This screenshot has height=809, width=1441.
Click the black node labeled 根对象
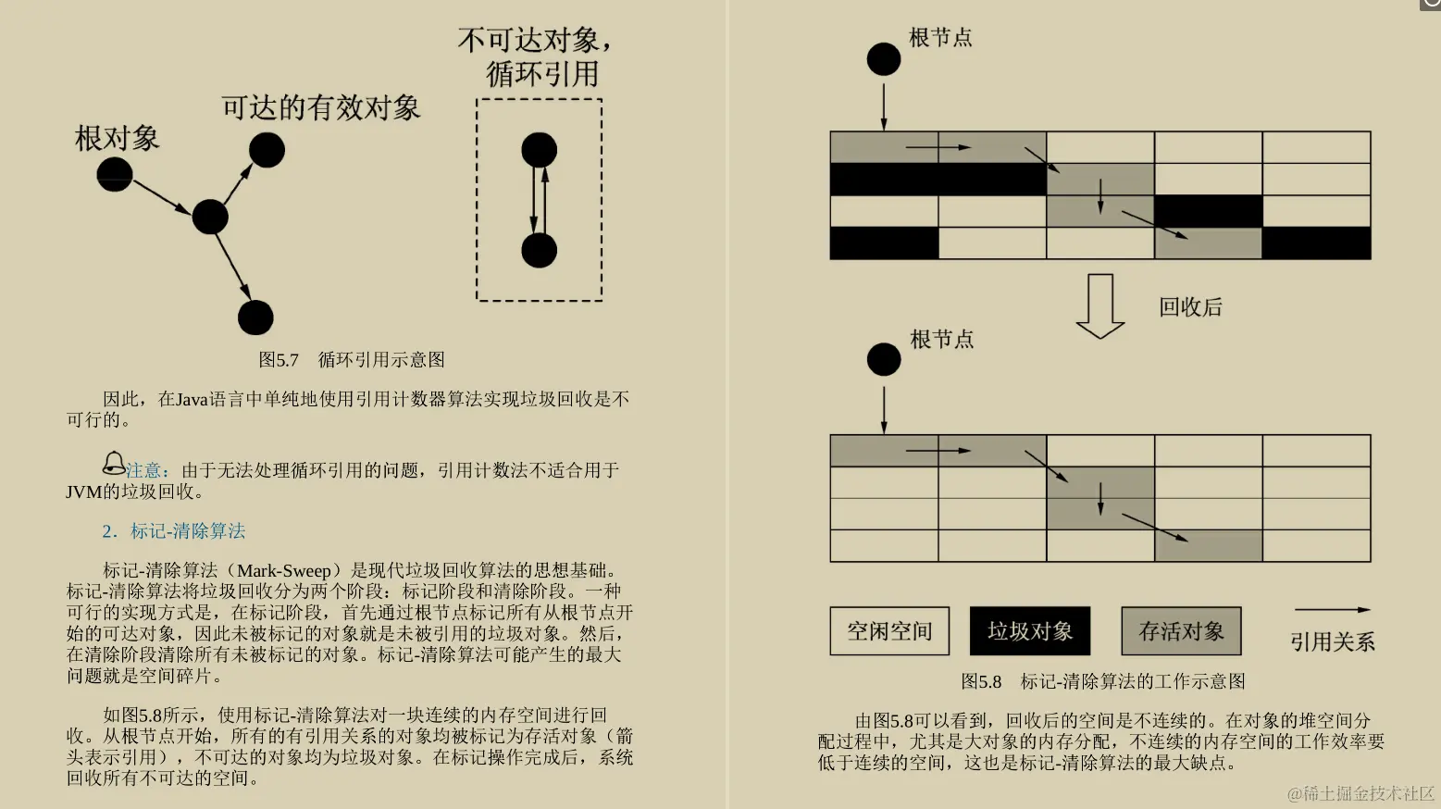[115, 174]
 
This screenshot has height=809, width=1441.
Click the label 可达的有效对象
[320, 108]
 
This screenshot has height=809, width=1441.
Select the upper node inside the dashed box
[539, 150]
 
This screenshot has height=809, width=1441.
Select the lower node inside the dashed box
[539, 250]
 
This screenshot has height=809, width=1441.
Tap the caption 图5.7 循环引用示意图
[352, 359]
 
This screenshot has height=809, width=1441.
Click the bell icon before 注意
[113, 463]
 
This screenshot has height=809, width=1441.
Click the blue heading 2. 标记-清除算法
[174, 531]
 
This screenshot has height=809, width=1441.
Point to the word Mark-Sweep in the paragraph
[283, 571]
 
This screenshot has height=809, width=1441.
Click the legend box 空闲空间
[889, 631]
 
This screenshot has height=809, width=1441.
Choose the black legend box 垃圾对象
[1029, 631]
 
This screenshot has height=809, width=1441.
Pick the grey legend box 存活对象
[1181, 631]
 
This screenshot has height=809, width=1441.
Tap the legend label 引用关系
[1332, 641]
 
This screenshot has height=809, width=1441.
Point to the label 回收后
[1190, 307]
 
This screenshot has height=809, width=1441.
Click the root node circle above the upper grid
[884, 59]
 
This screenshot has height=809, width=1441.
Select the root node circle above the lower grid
[884, 359]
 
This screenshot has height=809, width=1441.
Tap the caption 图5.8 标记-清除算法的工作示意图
[1102, 681]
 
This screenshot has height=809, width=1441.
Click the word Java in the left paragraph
[192, 400]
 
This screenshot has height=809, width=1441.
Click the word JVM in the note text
[83, 492]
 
